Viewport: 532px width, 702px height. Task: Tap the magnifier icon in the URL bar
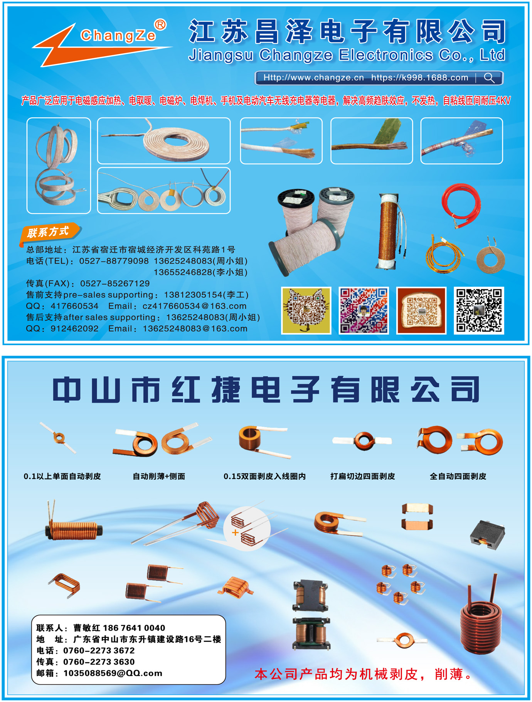489,78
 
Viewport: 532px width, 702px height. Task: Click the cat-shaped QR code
306,310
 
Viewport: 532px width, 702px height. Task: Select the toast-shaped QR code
421,310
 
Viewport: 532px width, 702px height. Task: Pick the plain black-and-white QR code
479,310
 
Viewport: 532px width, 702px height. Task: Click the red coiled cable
461,206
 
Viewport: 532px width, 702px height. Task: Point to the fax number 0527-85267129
115,283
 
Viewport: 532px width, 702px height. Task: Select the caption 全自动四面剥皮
458,476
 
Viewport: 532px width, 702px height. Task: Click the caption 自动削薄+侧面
159,476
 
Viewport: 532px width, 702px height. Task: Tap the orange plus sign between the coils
235,533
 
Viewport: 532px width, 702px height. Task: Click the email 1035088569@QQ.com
113,673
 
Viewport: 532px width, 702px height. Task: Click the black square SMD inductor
487,535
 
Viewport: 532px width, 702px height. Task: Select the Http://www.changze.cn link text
313,78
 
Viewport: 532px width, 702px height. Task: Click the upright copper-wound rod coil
388,231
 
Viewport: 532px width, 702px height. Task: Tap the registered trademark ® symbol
160,25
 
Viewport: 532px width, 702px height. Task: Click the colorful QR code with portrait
364,310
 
